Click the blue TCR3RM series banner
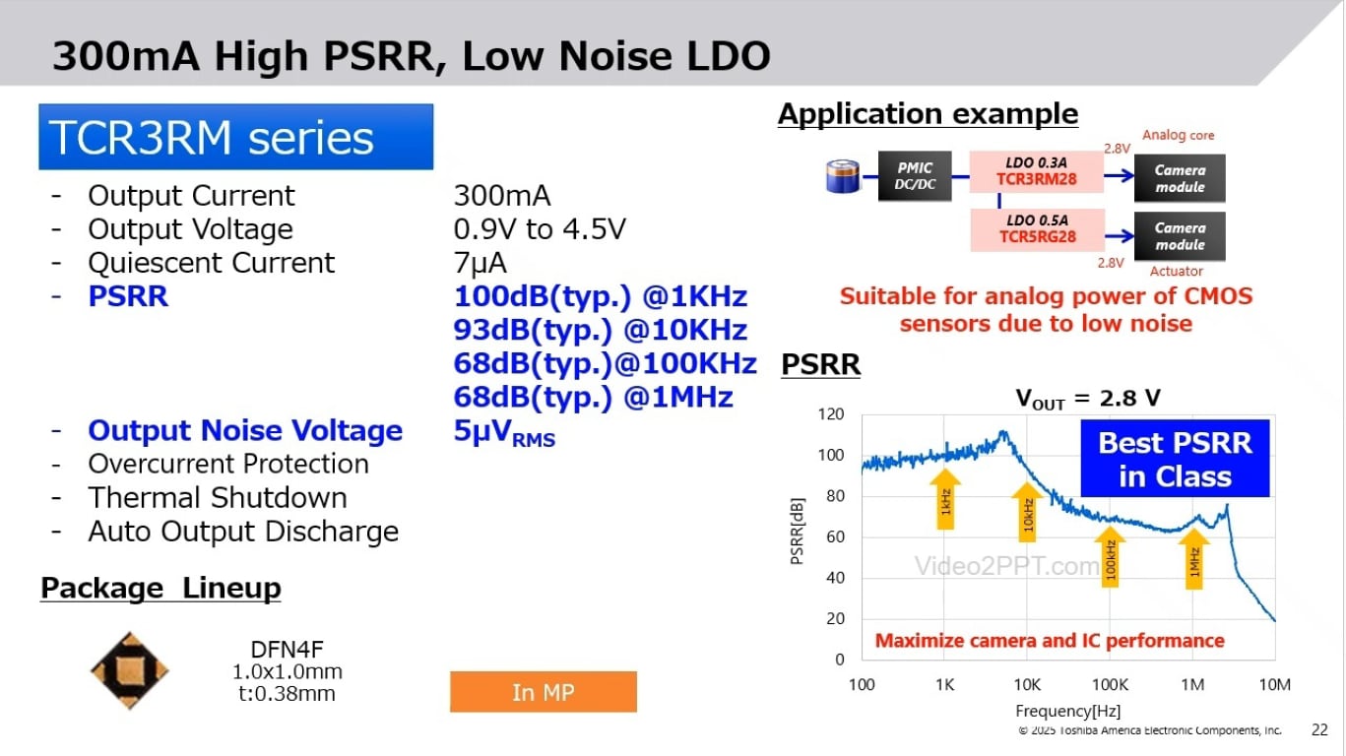click(x=235, y=137)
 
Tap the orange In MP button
click(x=543, y=692)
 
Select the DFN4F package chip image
click(x=130, y=670)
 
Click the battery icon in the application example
click(x=842, y=177)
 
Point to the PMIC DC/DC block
click(x=915, y=177)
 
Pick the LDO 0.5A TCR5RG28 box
click(x=1037, y=228)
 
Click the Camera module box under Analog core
click(x=1180, y=178)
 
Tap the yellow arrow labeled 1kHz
click(x=945, y=499)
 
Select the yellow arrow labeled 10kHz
click(x=1027, y=511)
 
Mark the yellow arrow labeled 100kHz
click(x=1111, y=557)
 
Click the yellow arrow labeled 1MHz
click(x=1194, y=556)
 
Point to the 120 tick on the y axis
click(x=832, y=414)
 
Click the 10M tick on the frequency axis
click(x=1274, y=685)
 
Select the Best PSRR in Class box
click(x=1175, y=460)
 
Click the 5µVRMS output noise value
click(x=504, y=432)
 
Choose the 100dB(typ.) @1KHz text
click(x=601, y=297)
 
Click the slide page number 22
click(x=1319, y=730)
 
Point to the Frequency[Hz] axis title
click(x=1067, y=711)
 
